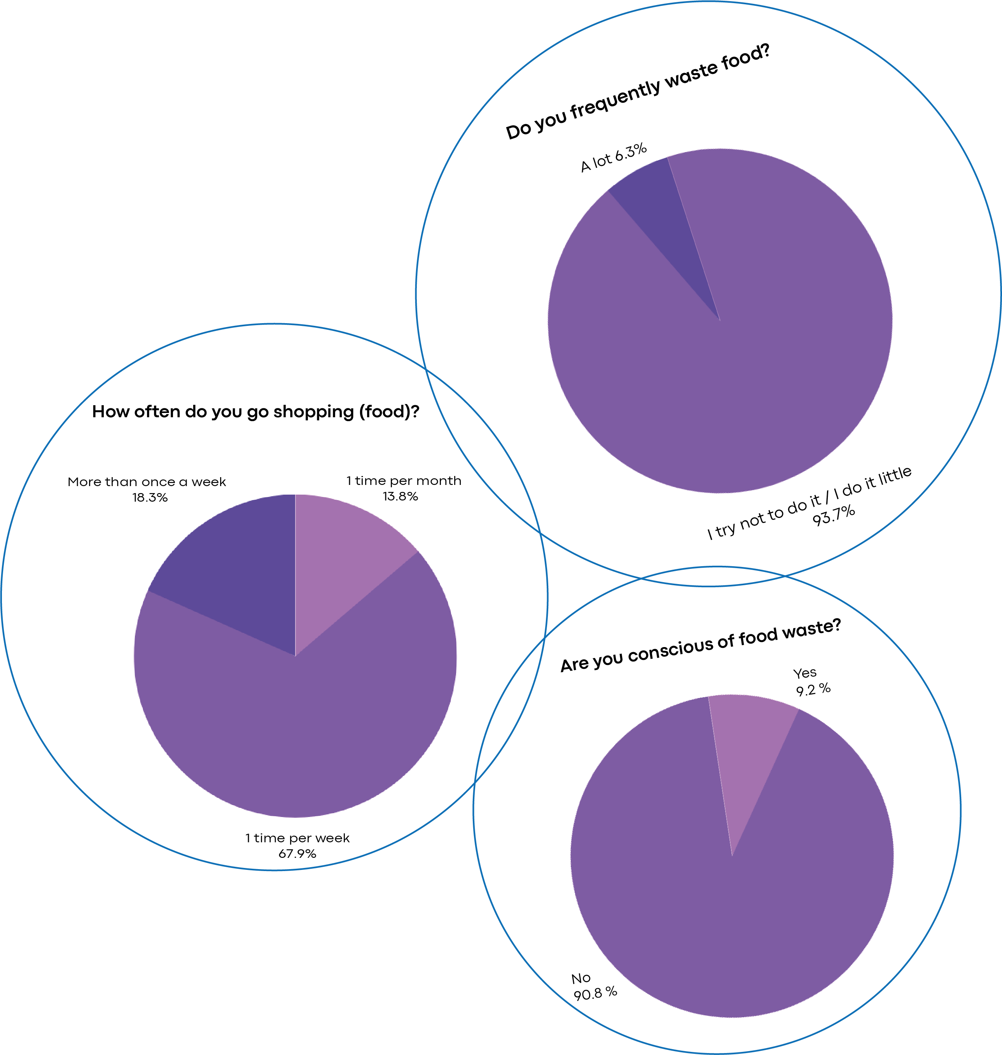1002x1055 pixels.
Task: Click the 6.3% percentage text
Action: pyautogui.click(x=631, y=152)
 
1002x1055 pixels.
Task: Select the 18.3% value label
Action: pyautogui.click(x=150, y=497)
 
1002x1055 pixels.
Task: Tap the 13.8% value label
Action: pyautogui.click(x=400, y=496)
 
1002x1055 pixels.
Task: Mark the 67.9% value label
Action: pyautogui.click(x=297, y=854)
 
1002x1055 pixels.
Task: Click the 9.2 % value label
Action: pyautogui.click(x=813, y=689)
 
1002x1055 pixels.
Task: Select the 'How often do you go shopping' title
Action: pyautogui.click(x=255, y=411)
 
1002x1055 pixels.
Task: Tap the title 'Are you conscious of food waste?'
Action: pyautogui.click(x=701, y=645)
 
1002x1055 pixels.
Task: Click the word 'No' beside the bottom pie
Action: pyautogui.click(x=581, y=978)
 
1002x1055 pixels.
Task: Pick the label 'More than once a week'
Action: pyautogui.click(x=147, y=482)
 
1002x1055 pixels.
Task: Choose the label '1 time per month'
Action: pyautogui.click(x=404, y=481)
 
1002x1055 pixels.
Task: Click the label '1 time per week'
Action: pyautogui.click(x=297, y=838)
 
